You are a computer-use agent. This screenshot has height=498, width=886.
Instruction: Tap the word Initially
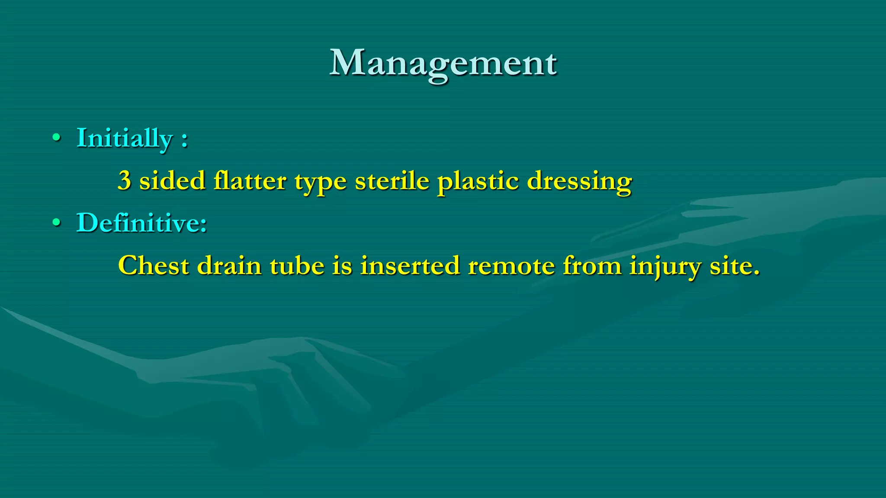pos(125,138)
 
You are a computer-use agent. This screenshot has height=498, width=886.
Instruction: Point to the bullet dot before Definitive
pos(56,223)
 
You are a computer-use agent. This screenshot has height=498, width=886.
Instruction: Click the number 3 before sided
pos(125,181)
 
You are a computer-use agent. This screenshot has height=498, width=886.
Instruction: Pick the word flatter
pos(250,181)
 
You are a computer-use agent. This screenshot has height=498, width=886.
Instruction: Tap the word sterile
pos(392,181)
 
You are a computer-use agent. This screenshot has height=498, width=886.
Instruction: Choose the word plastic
pos(478,181)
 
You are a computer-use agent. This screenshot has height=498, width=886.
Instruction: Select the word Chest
pos(154,265)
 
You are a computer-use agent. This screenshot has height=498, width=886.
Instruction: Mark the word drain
pos(229,265)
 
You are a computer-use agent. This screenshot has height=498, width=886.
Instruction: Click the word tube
pos(297,265)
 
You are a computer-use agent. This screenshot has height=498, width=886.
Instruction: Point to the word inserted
pos(410,265)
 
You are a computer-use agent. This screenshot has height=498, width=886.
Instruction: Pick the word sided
pos(172,181)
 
